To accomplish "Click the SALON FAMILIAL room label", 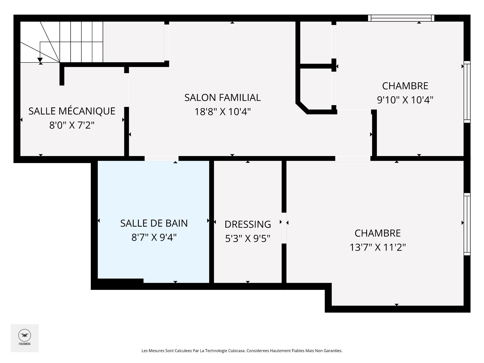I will tap(222, 98).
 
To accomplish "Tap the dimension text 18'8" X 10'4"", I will tap(222, 112).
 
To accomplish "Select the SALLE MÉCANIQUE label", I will tap(72, 111).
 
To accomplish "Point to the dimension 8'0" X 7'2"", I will tap(72, 125).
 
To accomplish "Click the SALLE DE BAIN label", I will tap(154, 223).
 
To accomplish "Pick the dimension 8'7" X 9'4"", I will tap(154, 237).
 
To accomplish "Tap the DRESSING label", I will tap(248, 224).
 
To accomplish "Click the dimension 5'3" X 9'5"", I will tap(248, 238).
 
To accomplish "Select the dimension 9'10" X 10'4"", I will tap(405, 100).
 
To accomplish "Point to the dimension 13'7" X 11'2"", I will tap(377, 247).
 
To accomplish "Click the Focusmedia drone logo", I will tap(24, 336).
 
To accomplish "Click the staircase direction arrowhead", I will tap(40, 60).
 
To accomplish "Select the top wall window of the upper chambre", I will tap(401, 18).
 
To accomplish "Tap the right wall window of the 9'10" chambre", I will tap(467, 92).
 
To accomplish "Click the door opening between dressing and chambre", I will tap(284, 228).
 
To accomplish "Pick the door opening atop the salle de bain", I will tap(161, 158).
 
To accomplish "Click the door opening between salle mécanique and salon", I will tap(127, 90).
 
